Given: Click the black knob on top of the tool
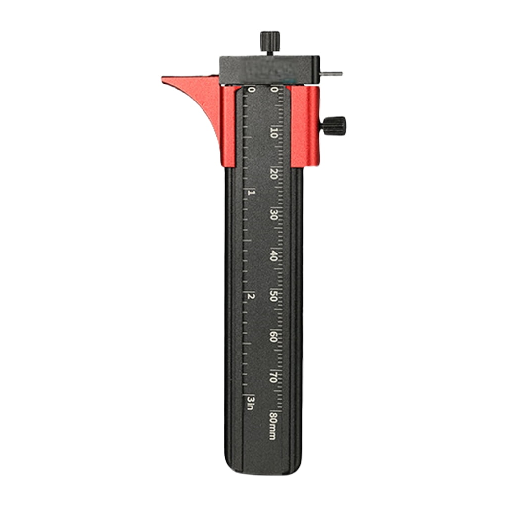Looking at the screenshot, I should pos(270,39).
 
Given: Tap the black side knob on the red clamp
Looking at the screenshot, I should pos(335,125).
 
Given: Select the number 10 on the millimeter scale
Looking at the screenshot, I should pos(274,132).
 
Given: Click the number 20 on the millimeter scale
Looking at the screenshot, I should pos(274,174).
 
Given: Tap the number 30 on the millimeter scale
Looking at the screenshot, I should pos(273,215).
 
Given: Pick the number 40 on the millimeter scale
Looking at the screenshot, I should pos(273,256).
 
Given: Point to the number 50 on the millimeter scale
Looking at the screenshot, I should pos(273,296).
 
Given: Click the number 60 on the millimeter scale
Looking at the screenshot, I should pos(273,337).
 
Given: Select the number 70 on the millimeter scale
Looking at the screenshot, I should pos(273,377).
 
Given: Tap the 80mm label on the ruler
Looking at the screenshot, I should pos(272,425).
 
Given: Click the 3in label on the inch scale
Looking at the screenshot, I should pos(251,403).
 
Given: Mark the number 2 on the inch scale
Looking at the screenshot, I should pos(252,296).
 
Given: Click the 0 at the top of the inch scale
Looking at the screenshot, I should pos(252,90).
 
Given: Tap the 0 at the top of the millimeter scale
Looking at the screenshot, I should pos(274,90).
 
